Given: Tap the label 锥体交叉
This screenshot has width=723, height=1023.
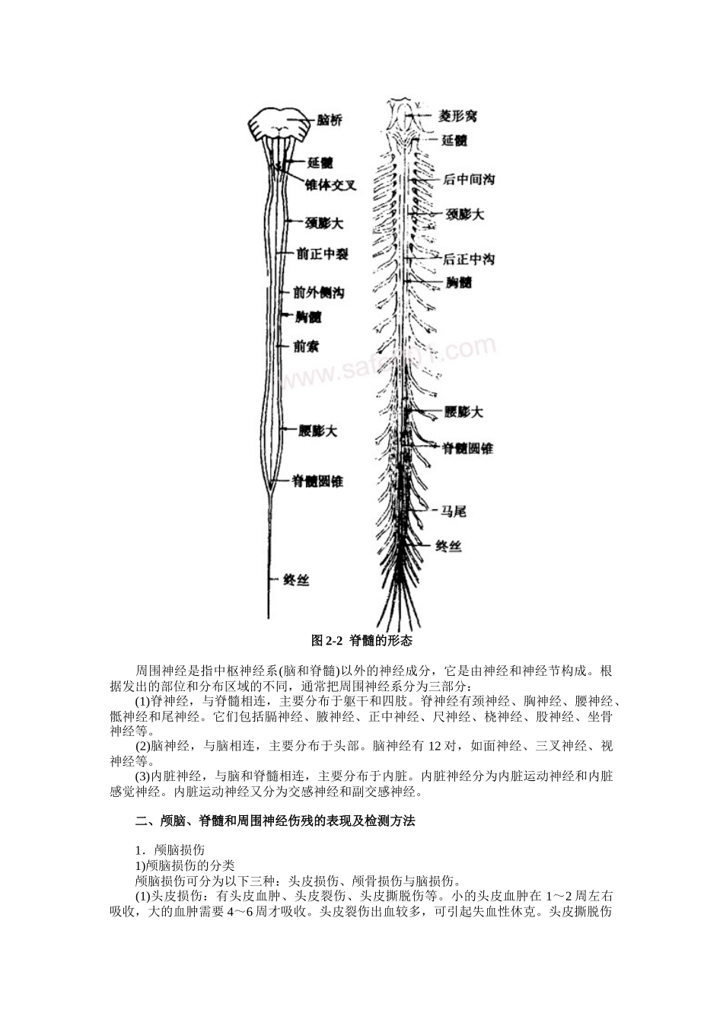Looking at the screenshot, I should [330, 185].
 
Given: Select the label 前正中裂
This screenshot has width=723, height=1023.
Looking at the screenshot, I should [322, 254].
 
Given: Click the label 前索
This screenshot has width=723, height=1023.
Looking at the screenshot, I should [306, 347].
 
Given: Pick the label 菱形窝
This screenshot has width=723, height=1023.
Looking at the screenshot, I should [458, 116].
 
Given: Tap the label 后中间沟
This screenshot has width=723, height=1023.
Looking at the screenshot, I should [469, 180].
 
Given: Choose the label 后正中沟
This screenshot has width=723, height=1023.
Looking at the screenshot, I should [469, 259].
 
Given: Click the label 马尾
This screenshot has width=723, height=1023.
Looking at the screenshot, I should [454, 511].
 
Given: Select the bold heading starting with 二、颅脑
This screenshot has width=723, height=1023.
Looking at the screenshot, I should [275, 821].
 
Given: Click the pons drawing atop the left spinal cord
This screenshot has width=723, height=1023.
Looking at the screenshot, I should [279, 124].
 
